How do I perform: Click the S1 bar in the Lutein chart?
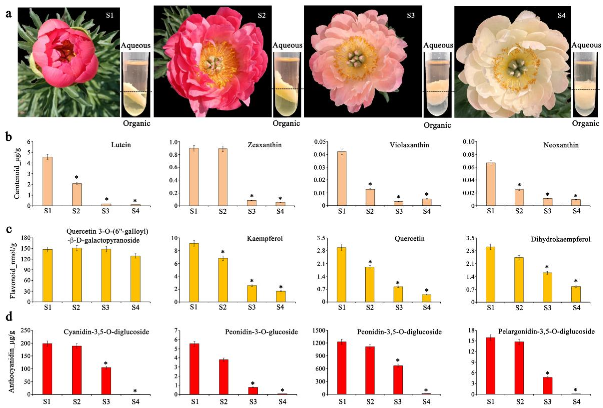click(48, 181)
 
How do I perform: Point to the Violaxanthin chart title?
click(409, 145)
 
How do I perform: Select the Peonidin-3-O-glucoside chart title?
click(261, 332)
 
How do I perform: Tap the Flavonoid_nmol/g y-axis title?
click(13, 269)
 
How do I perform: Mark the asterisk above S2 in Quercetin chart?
click(370, 262)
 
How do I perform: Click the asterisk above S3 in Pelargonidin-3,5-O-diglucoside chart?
click(547, 373)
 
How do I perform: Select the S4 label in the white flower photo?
click(561, 15)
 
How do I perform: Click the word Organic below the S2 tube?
click(286, 123)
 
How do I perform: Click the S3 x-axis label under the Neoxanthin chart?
click(547, 211)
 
